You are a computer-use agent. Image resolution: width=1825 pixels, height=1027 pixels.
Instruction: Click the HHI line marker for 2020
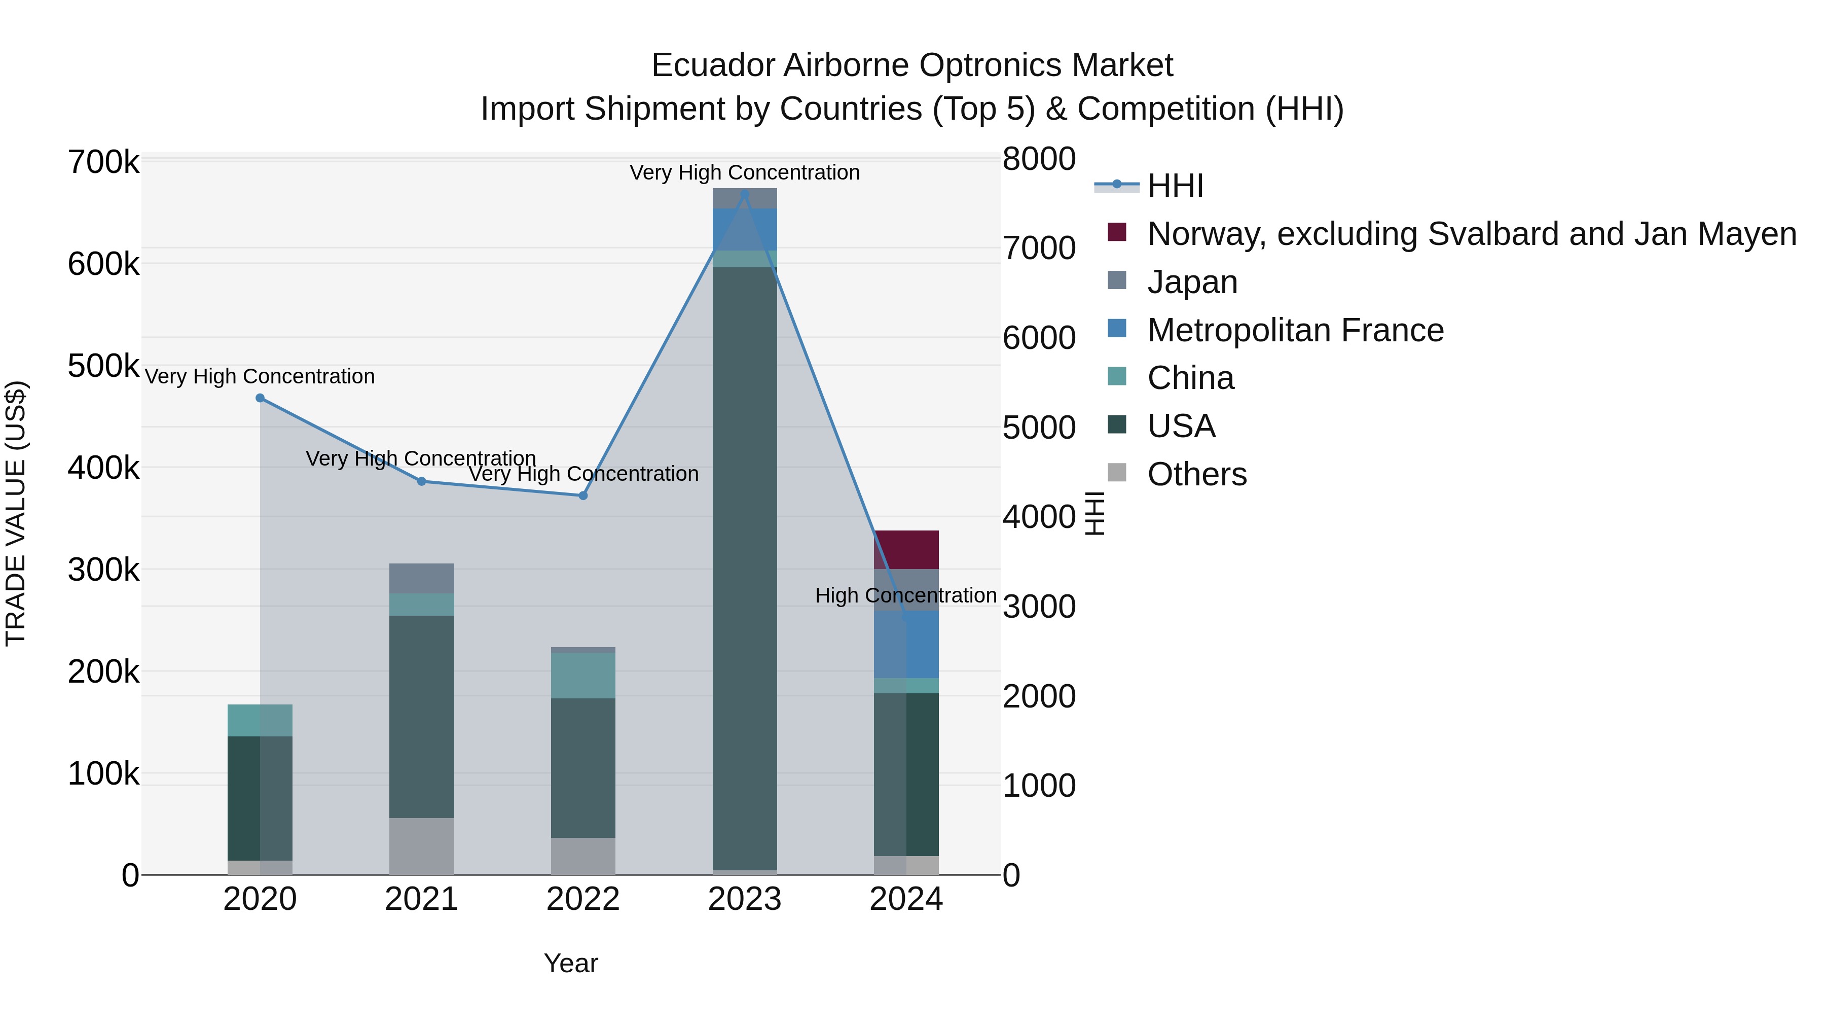[260, 398]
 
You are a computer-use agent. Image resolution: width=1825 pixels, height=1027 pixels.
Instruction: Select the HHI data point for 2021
[422, 481]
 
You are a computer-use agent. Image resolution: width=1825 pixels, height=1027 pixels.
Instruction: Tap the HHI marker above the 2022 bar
[583, 496]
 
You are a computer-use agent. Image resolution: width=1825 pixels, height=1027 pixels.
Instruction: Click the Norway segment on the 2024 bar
[906, 549]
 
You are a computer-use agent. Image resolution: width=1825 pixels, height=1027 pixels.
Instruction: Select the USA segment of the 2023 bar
[745, 567]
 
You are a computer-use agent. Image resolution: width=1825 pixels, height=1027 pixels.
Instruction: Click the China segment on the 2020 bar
[260, 720]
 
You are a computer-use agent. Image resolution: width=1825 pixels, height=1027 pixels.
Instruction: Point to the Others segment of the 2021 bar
[422, 846]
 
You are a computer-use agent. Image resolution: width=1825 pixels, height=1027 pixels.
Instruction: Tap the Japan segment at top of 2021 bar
[422, 578]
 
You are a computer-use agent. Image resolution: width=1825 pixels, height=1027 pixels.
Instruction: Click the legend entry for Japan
[1192, 282]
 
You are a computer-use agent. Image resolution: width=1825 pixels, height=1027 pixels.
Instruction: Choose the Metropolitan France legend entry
[1295, 330]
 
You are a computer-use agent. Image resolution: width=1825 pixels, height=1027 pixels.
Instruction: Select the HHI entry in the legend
[1175, 186]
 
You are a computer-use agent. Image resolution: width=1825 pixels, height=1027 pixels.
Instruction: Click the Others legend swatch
[1116, 472]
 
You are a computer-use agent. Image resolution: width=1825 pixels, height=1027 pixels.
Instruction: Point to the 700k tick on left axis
[103, 162]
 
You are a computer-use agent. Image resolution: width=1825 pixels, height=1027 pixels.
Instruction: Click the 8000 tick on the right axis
[1039, 159]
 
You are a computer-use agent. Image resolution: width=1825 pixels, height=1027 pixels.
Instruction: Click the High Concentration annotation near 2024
[905, 595]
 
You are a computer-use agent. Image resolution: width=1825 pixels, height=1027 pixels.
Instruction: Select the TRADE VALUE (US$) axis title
[16, 513]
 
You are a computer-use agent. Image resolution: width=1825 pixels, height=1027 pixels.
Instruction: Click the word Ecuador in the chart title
[712, 65]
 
